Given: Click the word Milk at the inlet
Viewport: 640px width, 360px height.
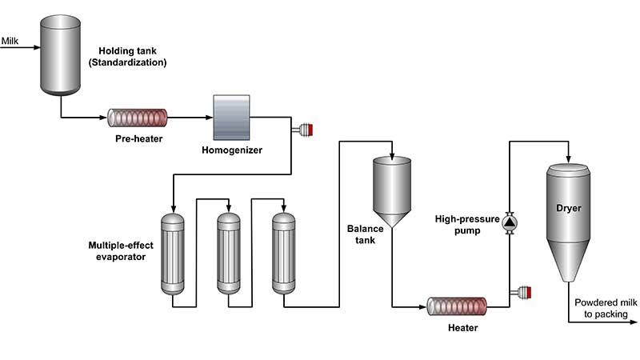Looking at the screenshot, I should click(x=11, y=39).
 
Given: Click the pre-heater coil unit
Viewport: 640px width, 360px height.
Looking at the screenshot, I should click(x=138, y=118).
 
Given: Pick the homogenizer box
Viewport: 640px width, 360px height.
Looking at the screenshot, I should click(x=231, y=118).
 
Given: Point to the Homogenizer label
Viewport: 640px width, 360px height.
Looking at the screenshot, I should click(x=232, y=150).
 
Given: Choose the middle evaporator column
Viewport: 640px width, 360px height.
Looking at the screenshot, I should click(x=229, y=252).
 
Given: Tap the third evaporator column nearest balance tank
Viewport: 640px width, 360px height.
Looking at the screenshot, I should click(x=284, y=252).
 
